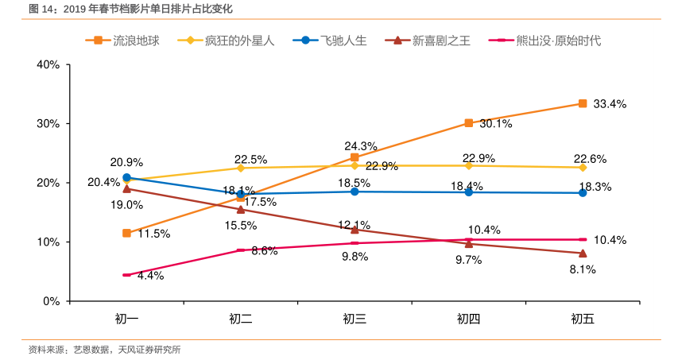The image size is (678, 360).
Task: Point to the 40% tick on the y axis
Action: click(x=48, y=65)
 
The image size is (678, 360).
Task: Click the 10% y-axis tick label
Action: click(x=48, y=242)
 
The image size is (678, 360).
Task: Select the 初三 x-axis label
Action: click(x=354, y=319)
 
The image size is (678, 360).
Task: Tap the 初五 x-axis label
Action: click(x=583, y=319)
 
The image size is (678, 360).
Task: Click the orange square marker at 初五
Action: click(x=583, y=103)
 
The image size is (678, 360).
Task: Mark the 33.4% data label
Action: click(x=610, y=104)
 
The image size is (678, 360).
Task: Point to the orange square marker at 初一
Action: click(x=126, y=233)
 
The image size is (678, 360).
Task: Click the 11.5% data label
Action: click(x=153, y=234)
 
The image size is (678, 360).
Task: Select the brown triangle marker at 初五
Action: click(x=583, y=253)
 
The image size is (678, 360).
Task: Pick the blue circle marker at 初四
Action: click(x=469, y=192)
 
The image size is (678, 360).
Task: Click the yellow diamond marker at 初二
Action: click(x=241, y=168)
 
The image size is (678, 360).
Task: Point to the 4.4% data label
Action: click(x=150, y=276)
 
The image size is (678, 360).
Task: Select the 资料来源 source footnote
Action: click(x=104, y=349)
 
